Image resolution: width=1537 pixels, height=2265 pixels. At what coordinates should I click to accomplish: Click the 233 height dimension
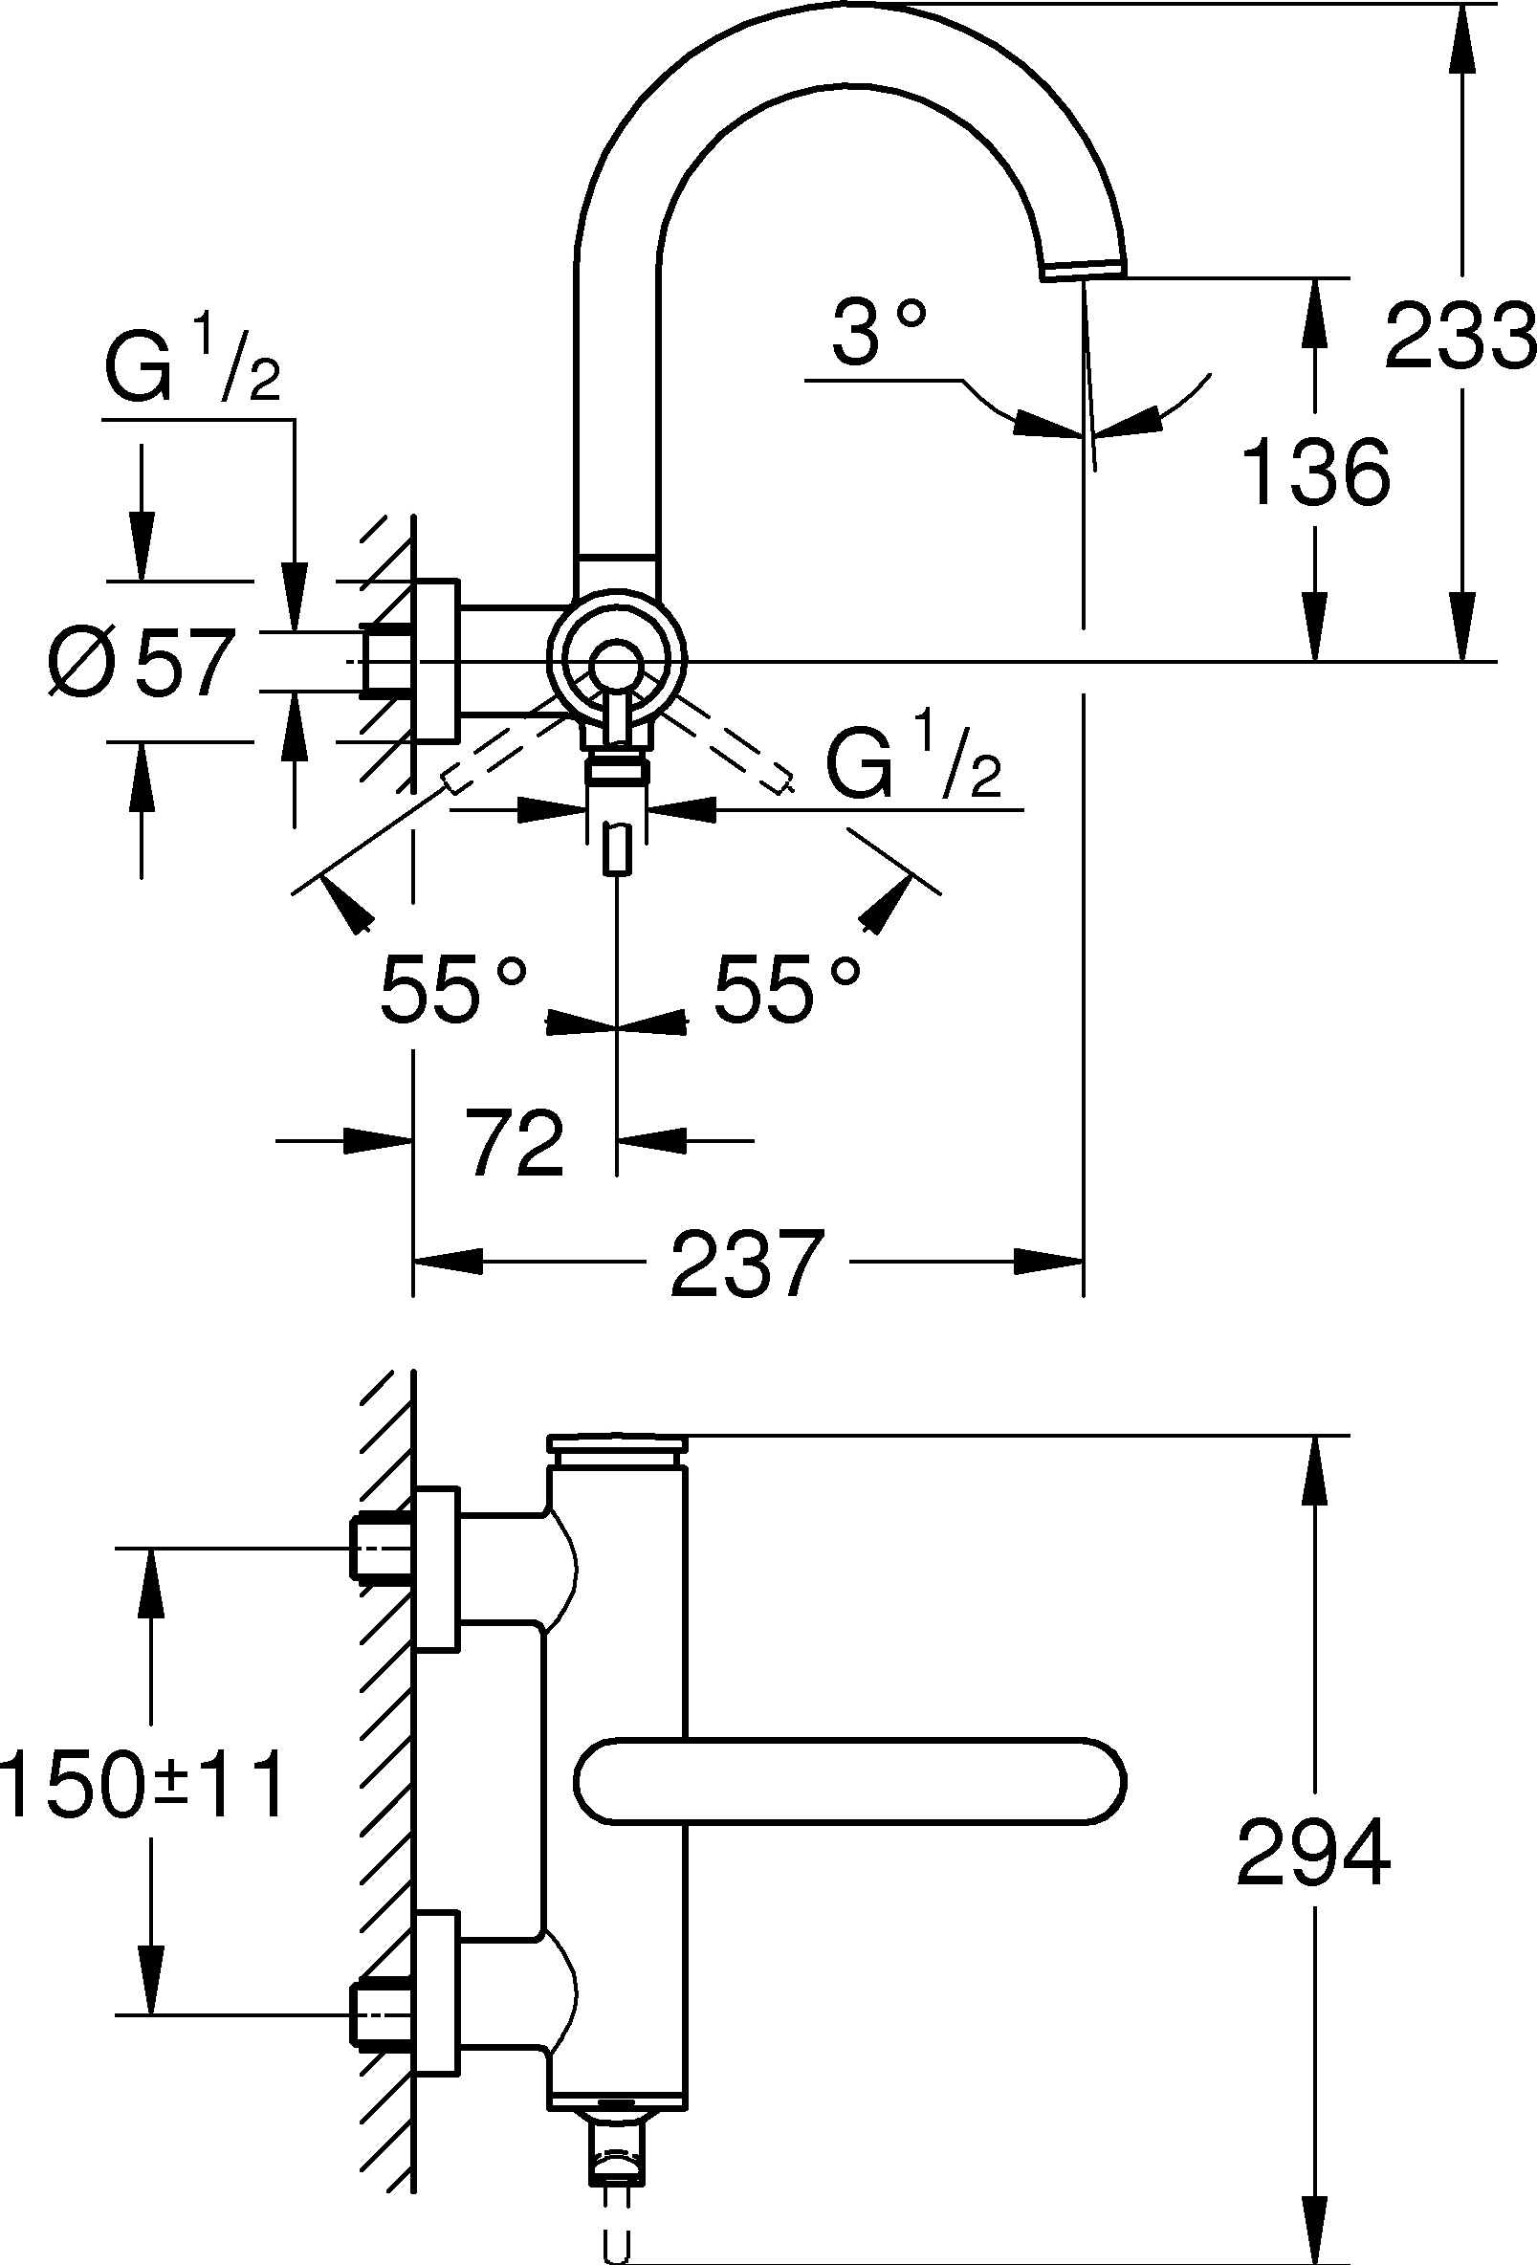tap(1458, 336)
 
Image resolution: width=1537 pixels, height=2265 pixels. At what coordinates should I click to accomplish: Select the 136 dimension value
tap(1317, 472)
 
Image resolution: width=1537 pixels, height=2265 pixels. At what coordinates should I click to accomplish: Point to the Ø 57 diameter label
tap(143, 663)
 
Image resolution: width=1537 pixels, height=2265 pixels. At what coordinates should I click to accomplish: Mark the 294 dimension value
tap(1313, 1852)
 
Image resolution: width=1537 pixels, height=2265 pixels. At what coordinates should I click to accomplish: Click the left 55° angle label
tap(453, 988)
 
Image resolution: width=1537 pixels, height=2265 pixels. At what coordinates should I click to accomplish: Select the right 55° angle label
tap(787, 988)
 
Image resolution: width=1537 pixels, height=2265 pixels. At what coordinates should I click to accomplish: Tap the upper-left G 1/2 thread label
tap(192, 362)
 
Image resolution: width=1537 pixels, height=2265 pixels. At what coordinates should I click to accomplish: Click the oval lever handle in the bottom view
tap(850, 1780)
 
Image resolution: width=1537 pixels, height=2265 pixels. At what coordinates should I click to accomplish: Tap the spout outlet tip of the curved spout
tap(1084, 270)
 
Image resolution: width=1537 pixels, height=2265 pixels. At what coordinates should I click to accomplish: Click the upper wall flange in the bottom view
tap(437, 1568)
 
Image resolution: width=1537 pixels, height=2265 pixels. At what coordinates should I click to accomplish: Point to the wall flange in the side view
tap(436, 661)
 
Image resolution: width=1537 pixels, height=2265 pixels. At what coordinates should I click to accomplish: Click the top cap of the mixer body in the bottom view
tap(618, 1448)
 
